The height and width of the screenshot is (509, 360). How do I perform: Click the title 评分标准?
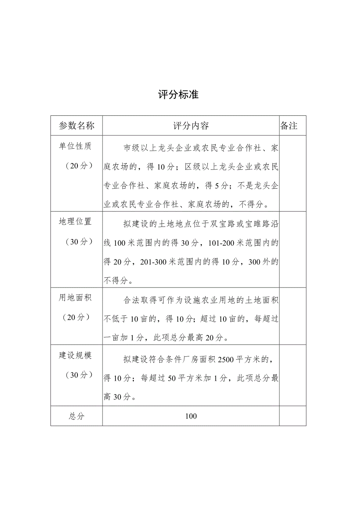[178, 95]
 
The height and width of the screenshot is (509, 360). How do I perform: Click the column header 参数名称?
[77, 126]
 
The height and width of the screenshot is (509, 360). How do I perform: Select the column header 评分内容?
[191, 126]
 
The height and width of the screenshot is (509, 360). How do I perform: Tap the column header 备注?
[289, 126]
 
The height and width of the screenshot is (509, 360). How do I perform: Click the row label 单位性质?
[75, 146]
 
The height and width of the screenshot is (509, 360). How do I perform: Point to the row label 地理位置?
[75, 222]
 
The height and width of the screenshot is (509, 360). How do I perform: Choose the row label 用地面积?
[75, 298]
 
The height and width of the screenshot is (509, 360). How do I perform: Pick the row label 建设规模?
[75, 355]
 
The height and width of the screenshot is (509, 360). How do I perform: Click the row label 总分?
[77, 416]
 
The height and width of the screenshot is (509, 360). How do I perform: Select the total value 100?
[191, 416]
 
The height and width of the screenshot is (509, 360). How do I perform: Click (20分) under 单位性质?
[77, 165]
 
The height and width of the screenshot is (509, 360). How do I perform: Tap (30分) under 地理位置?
[77, 241]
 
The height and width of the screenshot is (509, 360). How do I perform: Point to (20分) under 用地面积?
[77, 317]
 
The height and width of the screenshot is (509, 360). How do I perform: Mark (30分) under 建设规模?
[77, 375]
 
